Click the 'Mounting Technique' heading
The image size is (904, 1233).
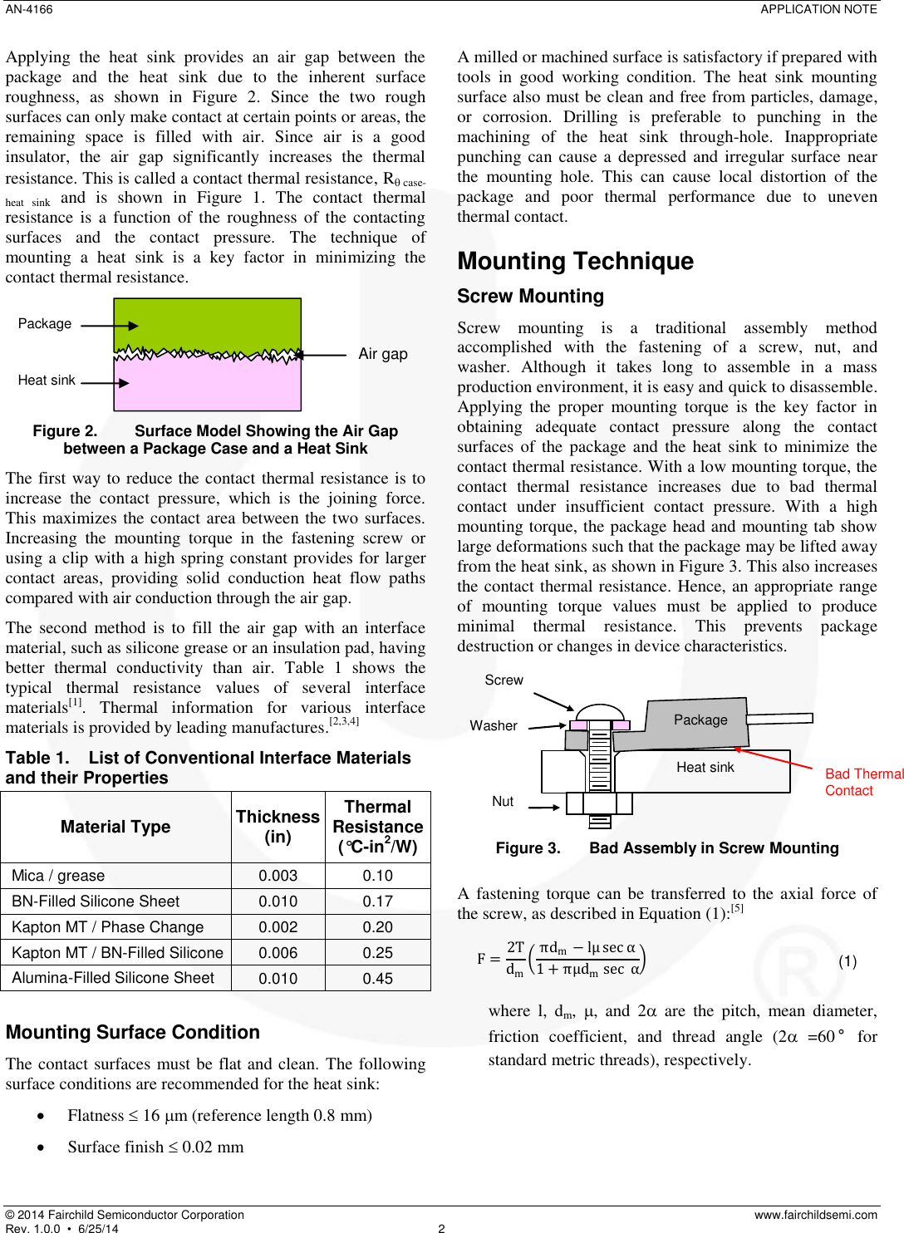click(x=575, y=261)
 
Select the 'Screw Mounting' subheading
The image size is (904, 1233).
click(x=530, y=297)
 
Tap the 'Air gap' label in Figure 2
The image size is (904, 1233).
click(x=382, y=354)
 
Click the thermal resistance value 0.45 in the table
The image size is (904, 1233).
click(x=377, y=979)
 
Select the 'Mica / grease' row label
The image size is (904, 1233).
click(x=58, y=876)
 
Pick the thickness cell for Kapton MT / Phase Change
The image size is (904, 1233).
click(x=278, y=927)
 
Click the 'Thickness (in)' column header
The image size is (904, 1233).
click(x=278, y=827)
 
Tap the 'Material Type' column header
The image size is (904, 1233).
click(x=115, y=827)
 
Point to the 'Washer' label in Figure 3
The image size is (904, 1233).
click(x=493, y=726)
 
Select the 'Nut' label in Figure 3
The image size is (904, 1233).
click(x=503, y=802)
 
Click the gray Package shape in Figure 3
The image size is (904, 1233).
click(x=700, y=720)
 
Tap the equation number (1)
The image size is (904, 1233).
click(x=847, y=961)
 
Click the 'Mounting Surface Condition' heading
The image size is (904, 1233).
click(x=133, y=1032)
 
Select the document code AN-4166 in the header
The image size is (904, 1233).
click(x=29, y=9)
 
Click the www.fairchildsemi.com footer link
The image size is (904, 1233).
click(x=815, y=1215)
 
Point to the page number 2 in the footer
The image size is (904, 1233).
click(x=441, y=1228)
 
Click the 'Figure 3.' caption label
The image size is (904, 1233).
click(x=528, y=848)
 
